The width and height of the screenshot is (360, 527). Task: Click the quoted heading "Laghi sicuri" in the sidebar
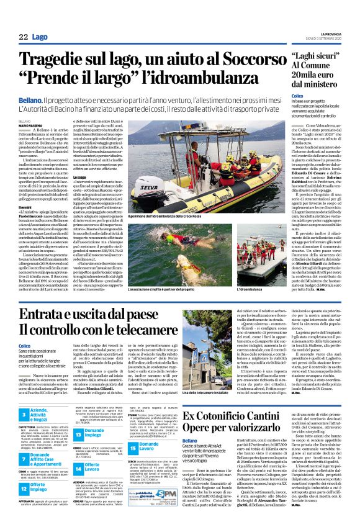tap(313, 58)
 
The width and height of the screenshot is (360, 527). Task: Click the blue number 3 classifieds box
tap(23, 415)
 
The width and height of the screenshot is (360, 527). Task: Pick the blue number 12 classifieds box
tap(23, 495)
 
